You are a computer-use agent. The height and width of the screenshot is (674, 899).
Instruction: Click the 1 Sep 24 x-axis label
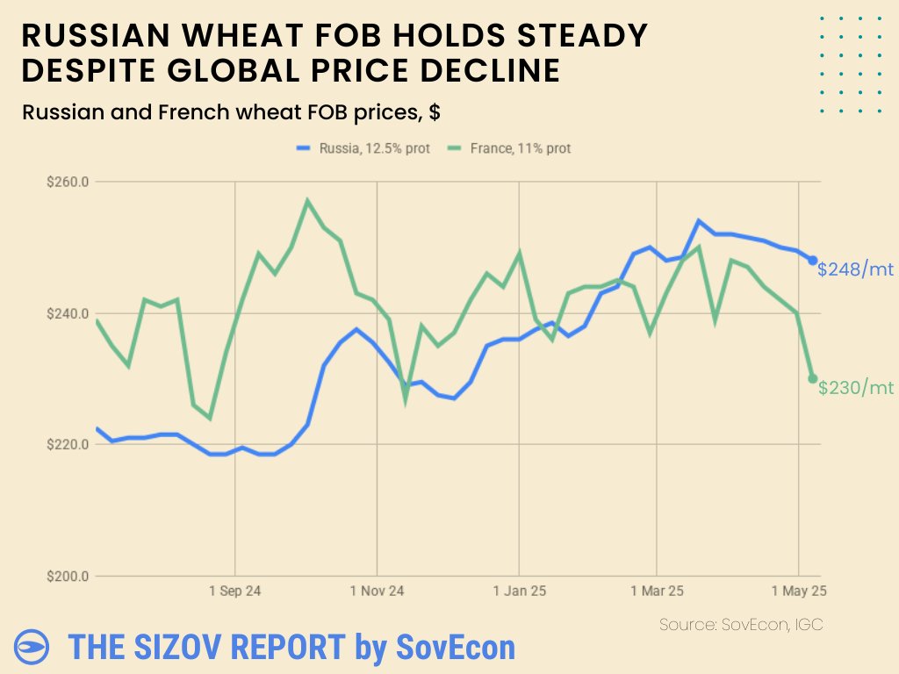point(234,592)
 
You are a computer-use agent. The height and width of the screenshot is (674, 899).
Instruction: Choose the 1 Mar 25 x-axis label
point(657,592)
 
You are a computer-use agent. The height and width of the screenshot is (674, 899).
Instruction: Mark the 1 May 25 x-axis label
point(798,592)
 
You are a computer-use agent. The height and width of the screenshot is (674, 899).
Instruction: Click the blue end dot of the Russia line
point(813,261)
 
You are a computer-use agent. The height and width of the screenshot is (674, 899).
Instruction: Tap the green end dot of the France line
point(813,379)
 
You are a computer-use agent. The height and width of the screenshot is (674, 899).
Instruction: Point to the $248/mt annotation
point(855,269)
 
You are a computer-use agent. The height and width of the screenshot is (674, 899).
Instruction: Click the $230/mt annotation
point(855,388)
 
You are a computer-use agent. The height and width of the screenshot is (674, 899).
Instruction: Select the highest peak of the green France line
point(307,201)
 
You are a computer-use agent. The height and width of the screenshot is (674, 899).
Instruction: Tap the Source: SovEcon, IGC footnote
point(740,624)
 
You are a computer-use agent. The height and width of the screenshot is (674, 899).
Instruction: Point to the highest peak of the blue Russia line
point(698,221)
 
